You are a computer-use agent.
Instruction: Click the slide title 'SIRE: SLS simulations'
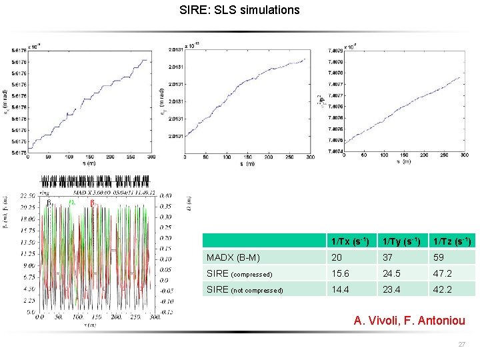click(x=240, y=10)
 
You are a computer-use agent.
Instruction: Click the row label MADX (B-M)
click(x=233, y=257)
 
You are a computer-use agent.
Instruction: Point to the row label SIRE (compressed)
click(x=239, y=273)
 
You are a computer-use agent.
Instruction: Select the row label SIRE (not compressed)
click(x=245, y=290)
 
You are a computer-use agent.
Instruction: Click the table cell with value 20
click(x=337, y=257)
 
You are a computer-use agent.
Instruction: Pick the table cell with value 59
click(x=437, y=257)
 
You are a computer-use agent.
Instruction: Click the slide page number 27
click(x=462, y=345)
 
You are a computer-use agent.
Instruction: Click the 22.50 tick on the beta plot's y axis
click(x=28, y=195)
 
